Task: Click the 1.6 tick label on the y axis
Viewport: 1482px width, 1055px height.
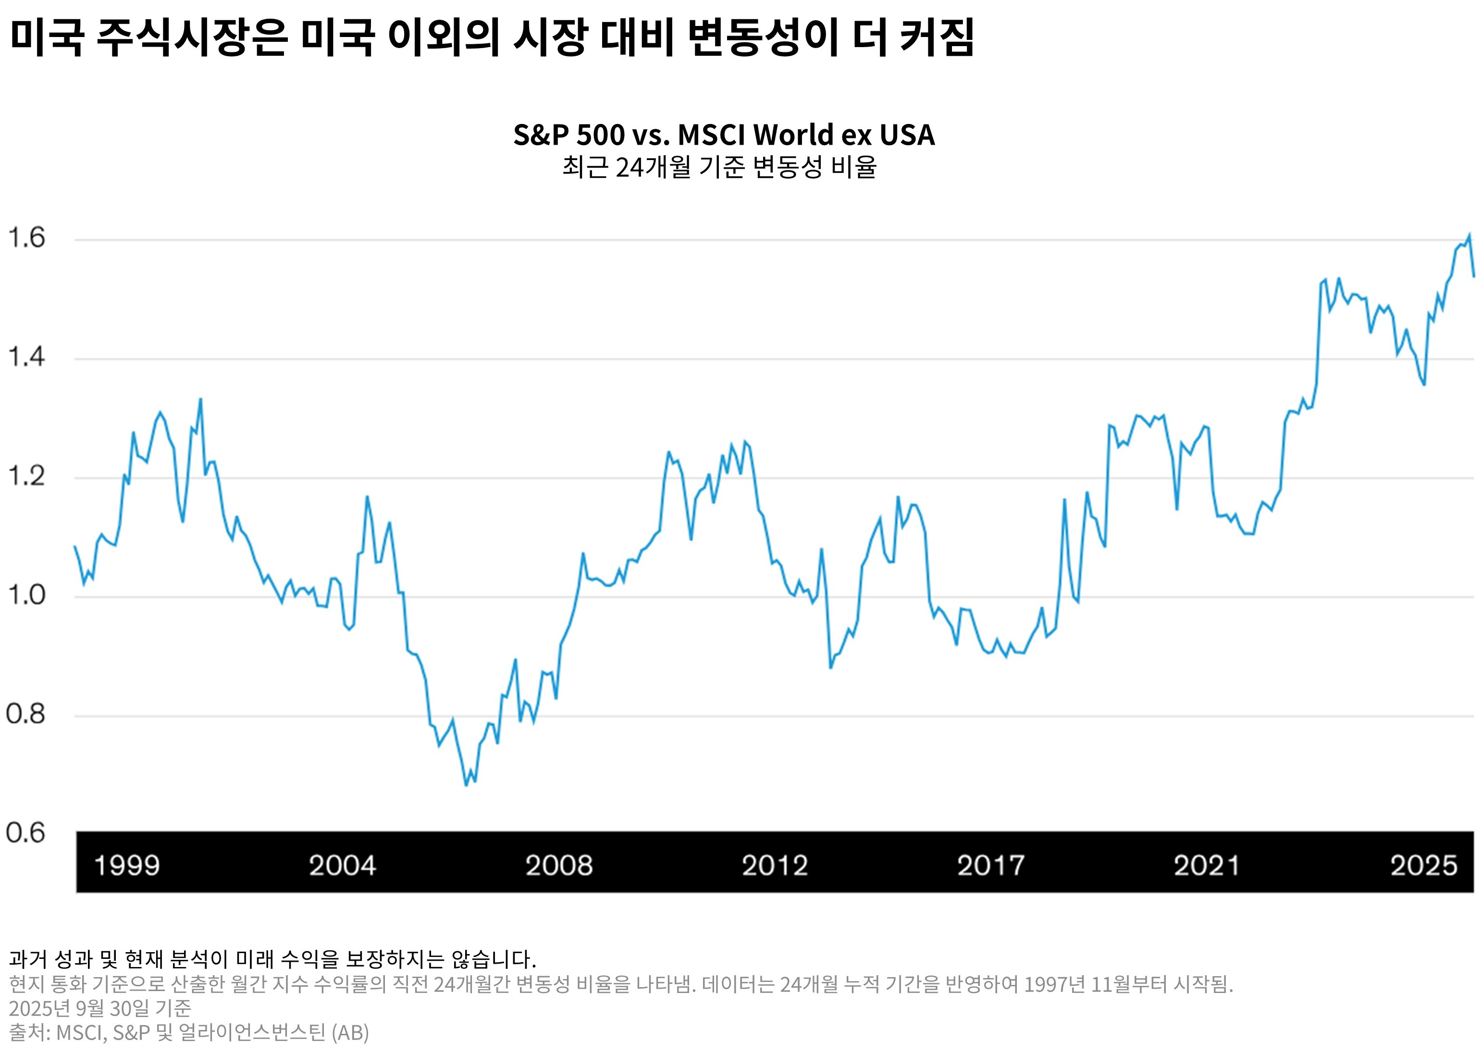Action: click(x=26, y=238)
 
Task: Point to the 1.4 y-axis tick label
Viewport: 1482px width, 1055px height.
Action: click(x=26, y=357)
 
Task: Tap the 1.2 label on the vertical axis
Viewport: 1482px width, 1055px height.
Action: click(x=26, y=477)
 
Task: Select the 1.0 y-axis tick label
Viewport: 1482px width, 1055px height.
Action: click(x=26, y=595)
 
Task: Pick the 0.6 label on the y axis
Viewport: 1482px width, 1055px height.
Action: click(x=26, y=833)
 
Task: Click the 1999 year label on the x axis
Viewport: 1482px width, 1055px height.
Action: click(x=127, y=865)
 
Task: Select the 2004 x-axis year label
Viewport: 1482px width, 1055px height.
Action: click(x=342, y=865)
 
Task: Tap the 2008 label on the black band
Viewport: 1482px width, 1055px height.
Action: click(x=558, y=865)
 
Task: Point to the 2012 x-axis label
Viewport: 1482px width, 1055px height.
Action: click(x=775, y=865)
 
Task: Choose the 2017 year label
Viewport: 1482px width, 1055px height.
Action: click(x=990, y=865)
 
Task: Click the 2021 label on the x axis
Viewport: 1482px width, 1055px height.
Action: click(x=1207, y=865)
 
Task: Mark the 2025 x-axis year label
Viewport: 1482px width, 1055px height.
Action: click(x=1423, y=865)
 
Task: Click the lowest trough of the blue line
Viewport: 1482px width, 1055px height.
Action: click(x=466, y=785)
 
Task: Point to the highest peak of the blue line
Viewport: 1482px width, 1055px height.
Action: click(x=1469, y=235)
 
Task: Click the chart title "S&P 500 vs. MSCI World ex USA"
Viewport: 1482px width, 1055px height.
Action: click(x=724, y=135)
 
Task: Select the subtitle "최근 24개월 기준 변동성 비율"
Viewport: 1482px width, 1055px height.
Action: click(x=719, y=167)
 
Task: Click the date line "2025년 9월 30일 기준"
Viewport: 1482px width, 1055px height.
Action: click(x=100, y=1007)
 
